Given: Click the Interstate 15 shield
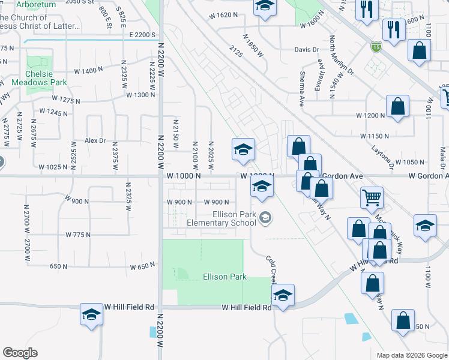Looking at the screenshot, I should coord(376,48).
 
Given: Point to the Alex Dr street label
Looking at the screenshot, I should coord(95,141).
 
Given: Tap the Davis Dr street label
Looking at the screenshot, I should coord(306,50).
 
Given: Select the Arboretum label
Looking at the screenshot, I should coord(36,4).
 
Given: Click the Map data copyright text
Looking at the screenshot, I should coord(411,355).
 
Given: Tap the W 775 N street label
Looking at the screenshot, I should coord(78,234).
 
